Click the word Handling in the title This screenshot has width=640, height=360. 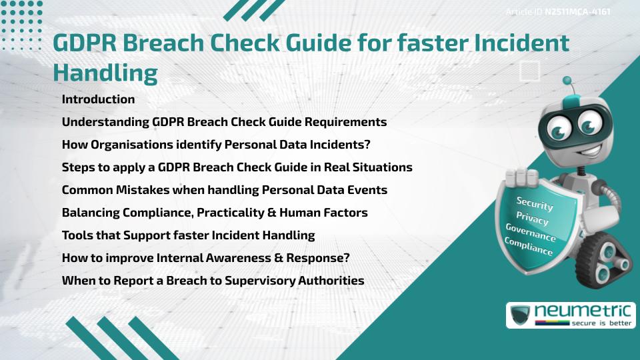105,71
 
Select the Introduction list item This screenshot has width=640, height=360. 98,99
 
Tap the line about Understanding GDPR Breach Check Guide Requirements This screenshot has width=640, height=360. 224,122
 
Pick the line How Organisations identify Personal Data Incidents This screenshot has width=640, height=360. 216,145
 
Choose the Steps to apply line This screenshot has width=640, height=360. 237,167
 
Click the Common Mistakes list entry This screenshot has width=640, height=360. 224,190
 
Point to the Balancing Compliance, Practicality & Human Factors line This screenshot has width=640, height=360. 215,213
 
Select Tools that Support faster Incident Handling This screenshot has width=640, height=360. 188,235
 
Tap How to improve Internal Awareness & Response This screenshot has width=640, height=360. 206,258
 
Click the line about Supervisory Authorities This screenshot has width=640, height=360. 213,281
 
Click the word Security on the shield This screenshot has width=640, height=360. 534,204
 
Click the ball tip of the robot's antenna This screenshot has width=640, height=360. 568,81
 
